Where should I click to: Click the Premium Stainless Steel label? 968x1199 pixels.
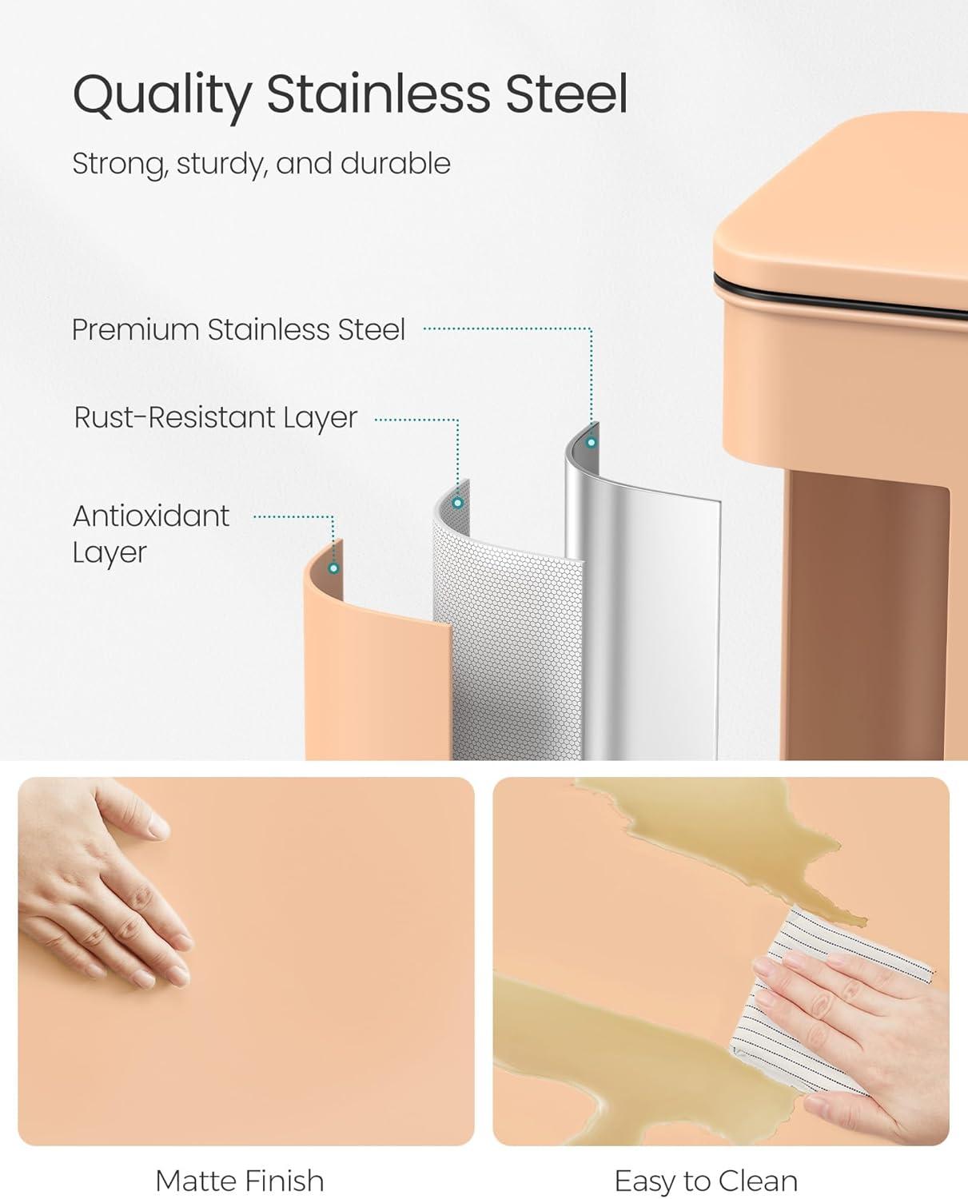(x=239, y=329)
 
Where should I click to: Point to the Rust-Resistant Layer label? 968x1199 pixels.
(x=216, y=418)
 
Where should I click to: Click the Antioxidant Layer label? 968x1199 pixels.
(x=151, y=534)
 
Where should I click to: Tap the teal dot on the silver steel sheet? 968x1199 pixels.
(x=591, y=443)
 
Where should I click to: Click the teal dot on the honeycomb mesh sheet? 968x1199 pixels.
(x=458, y=503)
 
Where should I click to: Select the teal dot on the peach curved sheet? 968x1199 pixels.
(x=334, y=568)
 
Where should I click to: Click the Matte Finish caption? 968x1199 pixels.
(x=240, y=1181)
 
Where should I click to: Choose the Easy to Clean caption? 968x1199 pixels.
(x=707, y=1181)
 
